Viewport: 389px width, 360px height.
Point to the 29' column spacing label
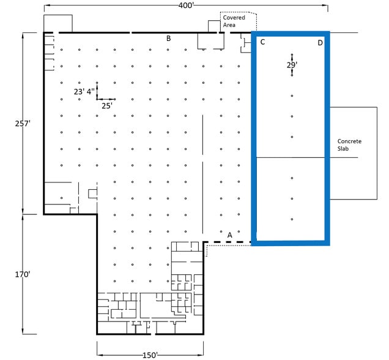coord(292,64)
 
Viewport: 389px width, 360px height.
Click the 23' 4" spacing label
coord(84,92)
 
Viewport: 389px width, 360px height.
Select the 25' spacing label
coord(107,105)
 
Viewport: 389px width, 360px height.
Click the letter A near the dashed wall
coord(229,234)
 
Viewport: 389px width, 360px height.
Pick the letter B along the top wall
coord(168,39)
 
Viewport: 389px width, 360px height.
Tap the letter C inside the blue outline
coord(262,42)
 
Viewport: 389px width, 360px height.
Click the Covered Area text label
coord(233,21)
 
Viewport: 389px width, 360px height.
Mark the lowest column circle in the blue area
coord(292,219)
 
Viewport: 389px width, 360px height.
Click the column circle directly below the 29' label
coord(292,96)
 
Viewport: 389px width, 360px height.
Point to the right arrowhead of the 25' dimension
coord(114,99)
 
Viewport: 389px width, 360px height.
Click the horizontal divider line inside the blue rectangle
coord(290,158)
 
